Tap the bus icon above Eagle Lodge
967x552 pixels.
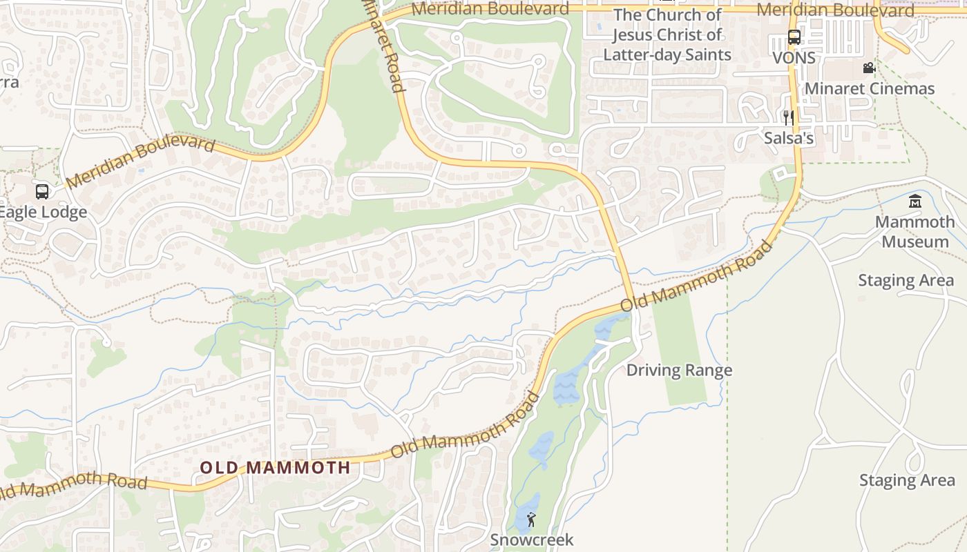pos(42,191)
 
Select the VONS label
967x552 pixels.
pos(794,58)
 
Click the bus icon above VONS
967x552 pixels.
pos(794,37)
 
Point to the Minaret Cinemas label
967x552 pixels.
pos(870,88)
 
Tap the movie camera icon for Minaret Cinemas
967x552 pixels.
pos(869,68)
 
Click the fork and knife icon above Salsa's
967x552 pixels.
pos(788,118)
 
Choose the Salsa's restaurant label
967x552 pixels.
pos(789,138)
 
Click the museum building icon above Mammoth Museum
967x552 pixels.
pos(915,201)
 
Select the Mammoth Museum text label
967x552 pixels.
pos(915,232)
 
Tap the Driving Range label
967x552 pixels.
pos(679,371)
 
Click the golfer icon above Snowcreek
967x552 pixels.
pos(531,520)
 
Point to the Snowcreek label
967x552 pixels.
pos(532,540)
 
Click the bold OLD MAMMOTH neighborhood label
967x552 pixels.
pos(275,467)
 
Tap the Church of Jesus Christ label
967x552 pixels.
pos(667,34)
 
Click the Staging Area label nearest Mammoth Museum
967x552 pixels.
pos(906,281)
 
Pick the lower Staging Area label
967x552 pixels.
pos(907,480)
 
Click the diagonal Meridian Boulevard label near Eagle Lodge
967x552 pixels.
pos(141,161)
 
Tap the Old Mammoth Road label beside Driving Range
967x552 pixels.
pos(696,276)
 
